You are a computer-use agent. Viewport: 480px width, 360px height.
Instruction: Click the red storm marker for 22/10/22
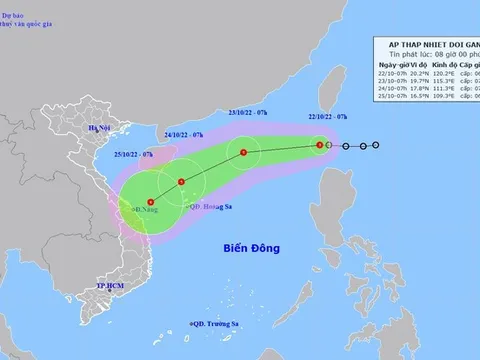(319, 146)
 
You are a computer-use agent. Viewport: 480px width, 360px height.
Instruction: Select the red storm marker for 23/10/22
(243, 153)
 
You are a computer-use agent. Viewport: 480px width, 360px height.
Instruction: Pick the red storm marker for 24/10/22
(181, 182)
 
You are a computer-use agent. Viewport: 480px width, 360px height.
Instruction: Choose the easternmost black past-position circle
(376, 146)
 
